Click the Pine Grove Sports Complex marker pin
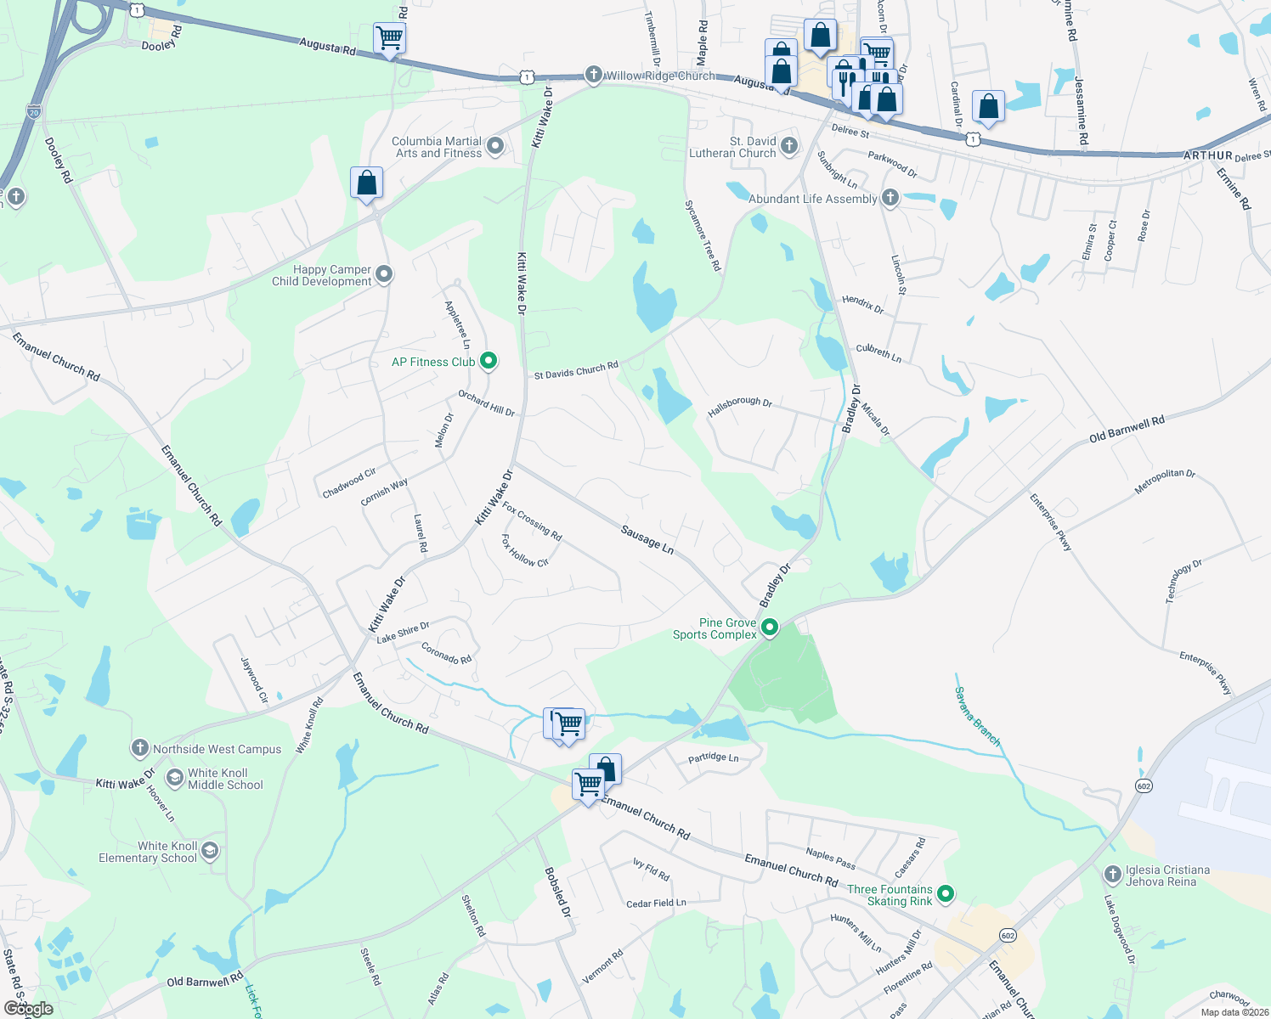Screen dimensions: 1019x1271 click(x=770, y=628)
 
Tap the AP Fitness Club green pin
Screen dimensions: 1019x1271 click(x=489, y=362)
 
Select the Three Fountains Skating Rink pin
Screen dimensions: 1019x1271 click(x=946, y=894)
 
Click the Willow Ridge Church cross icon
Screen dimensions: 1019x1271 click(x=594, y=75)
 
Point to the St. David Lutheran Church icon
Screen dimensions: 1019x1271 click(x=789, y=146)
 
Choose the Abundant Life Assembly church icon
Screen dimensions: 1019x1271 click(x=890, y=198)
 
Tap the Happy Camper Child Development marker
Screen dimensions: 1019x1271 click(x=384, y=274)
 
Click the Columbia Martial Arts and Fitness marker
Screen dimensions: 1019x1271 click(x=495, y=146)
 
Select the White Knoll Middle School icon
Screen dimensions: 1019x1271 click(x=174, y=778)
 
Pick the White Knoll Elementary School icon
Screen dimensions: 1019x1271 click(x=210, y=851)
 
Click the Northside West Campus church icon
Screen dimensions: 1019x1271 click(x=139, y=748)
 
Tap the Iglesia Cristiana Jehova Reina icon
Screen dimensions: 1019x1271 click(x=1112, y=875)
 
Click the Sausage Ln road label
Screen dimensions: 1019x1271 click(x=647, y=540)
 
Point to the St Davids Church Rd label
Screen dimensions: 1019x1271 click(x=576, y=371)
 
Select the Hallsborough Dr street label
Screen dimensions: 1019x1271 click(x=739, y=407)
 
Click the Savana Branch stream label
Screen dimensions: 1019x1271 click(x=977, y=717)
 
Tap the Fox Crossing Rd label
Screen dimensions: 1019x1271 click(x=532, y=521)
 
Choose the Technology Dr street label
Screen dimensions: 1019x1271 click(x=1183, y=581)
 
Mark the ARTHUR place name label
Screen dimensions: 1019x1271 click(x=1207, y=155)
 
